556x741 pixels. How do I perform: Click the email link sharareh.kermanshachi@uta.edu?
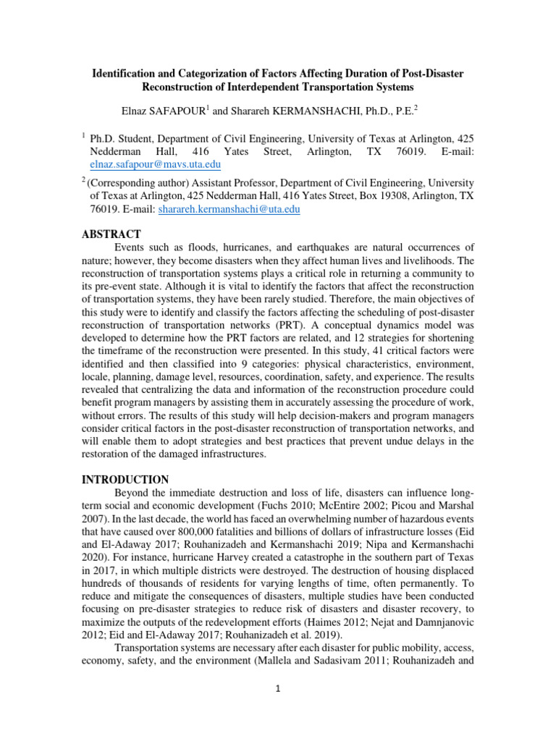click(229, 209)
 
